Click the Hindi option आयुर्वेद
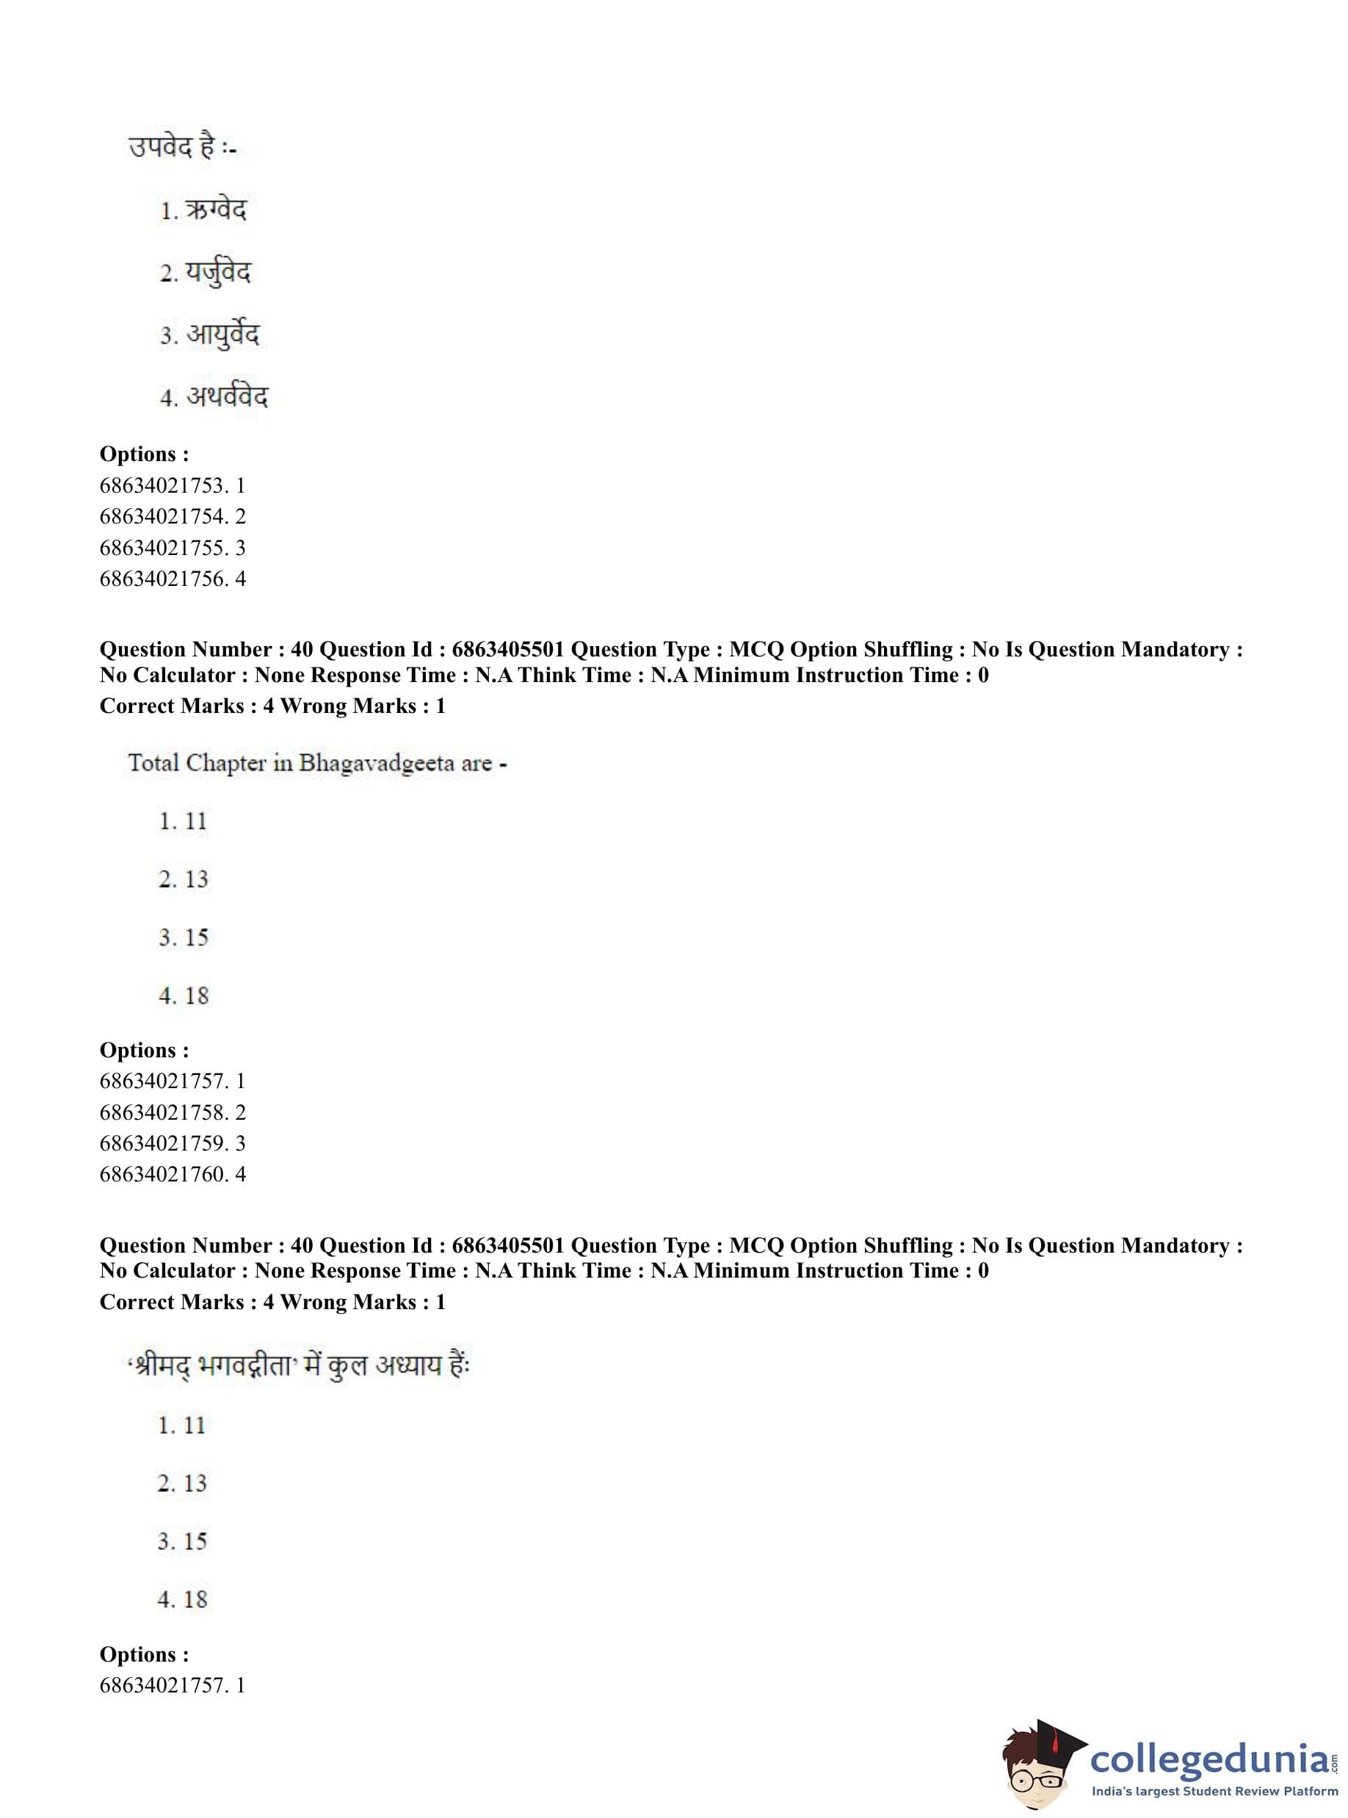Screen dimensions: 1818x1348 pos(222,336)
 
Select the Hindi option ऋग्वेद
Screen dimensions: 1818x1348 pos(215,211)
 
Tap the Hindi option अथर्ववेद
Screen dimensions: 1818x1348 pos(226,397)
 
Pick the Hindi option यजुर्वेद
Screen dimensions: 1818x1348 pos(217,273)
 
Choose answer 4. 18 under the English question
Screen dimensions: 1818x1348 pos(184,996)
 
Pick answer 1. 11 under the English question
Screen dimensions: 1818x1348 pos(184,821)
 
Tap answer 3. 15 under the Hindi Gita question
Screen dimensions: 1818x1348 pos(183,1541)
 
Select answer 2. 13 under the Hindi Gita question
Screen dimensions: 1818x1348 pos(183,1482)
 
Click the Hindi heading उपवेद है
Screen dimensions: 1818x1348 pos(181,148)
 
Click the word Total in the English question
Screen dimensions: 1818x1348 pos(153,764)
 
